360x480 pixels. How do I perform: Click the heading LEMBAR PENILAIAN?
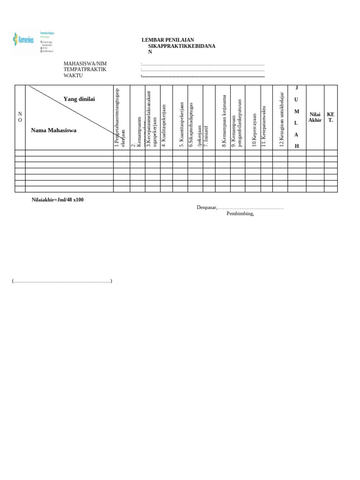click(168, 40)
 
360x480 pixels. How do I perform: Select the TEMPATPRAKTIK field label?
click(85, 70)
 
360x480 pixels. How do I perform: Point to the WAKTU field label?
click(73, 76)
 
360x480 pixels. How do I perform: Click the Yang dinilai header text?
click(82, 99)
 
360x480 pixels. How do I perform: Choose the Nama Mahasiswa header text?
click(53, 130)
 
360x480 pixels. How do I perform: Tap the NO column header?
click(20, 117)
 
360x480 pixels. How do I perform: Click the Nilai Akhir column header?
click(315, 117)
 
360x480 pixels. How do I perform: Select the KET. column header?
click(330, 117)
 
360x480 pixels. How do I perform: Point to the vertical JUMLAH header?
click(297, 117)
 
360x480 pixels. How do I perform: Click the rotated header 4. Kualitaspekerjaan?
click(164, 126)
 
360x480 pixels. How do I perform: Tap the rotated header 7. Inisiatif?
click(206, 136)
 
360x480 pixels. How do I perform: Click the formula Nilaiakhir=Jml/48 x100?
click(58, 200)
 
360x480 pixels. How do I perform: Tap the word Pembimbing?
click(240, 214)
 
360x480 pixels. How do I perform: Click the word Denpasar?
click(206, 207)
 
